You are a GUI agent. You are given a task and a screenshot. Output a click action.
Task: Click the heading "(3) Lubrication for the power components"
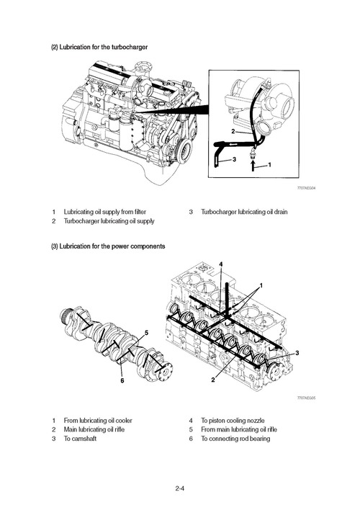(107, 246)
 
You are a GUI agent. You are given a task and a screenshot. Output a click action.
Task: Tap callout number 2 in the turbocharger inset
(233, 133)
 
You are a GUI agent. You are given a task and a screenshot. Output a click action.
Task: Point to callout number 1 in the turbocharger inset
(269, 165)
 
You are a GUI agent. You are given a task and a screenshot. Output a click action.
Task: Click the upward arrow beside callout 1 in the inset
(251, 165)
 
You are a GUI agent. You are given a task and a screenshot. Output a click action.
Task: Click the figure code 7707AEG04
(307, 188)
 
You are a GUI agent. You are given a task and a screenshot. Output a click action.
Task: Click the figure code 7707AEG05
(307, 398)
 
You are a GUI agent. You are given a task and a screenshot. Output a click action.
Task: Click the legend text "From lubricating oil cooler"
(98, 420)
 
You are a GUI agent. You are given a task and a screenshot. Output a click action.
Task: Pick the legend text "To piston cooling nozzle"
(232, 420)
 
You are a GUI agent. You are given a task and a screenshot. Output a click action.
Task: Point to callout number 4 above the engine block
(221, 264)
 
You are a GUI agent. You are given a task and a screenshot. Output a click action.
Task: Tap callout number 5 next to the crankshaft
(147, 333)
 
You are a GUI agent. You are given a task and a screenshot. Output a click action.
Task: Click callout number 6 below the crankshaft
(122, 381)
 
